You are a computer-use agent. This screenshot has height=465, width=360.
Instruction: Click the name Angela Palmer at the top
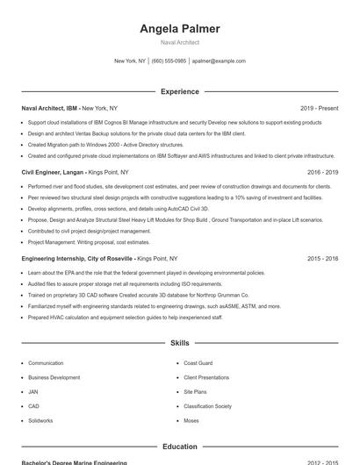(180, 29)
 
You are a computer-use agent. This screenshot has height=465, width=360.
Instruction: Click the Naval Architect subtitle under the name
(180, 42)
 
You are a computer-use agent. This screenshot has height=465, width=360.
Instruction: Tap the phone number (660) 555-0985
(169, 61)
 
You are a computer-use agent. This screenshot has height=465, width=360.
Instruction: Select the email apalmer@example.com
(219, 61)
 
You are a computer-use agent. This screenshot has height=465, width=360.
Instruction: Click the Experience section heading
(180, 91)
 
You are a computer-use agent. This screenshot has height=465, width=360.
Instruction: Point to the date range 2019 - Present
(319, 108)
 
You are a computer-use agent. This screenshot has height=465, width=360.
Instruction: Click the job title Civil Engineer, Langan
(54, 173)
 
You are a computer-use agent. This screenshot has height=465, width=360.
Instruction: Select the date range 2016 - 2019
(322, 173)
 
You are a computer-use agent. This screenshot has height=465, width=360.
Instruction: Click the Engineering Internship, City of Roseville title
(78, 259)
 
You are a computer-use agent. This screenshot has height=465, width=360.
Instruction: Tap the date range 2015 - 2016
(322, 259)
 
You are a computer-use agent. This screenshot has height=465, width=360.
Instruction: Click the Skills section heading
(180, 343)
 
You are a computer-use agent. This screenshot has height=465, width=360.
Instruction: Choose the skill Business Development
(54, 377)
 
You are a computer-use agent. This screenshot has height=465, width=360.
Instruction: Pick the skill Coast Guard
(198, 362)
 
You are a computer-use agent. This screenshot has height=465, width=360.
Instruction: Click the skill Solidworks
(40, 420)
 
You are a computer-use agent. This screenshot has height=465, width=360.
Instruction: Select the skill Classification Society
(207, 406)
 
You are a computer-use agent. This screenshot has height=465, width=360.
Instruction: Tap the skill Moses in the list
(191, 420)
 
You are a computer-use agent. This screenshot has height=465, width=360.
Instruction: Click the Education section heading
(180, 447)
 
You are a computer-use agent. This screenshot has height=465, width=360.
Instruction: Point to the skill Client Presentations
(206, 377)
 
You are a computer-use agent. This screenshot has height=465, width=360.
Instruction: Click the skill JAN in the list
(33, 391)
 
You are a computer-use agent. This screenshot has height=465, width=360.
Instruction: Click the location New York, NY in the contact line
(130, 61)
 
